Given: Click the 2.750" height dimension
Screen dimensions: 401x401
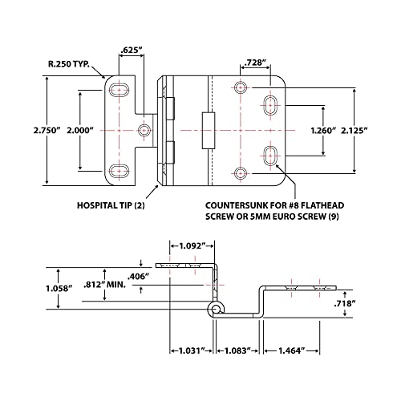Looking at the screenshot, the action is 47,131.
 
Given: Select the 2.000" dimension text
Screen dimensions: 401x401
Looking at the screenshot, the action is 80,131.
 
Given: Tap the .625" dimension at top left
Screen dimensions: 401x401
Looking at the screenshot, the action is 132,50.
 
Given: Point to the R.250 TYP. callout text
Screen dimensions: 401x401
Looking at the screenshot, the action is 69,64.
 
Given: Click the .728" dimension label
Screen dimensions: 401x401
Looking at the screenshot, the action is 256,63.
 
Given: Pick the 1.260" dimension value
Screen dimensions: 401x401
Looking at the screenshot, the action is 323,131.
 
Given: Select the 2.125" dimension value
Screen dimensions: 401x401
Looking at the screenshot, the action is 354,131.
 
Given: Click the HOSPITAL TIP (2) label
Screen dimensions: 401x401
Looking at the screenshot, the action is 111,205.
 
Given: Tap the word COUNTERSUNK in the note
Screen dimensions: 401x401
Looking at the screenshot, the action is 237,205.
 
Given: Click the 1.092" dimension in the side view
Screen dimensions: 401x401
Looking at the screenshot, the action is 192,245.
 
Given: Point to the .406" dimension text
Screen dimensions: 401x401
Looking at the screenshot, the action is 138,277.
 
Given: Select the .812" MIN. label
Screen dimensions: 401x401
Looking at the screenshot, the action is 105,285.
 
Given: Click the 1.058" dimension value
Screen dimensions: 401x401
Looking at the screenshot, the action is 59,289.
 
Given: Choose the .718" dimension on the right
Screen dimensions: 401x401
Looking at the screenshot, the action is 345,303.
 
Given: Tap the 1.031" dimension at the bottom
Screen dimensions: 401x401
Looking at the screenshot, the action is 192,350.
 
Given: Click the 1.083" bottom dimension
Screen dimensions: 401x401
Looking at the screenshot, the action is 237,350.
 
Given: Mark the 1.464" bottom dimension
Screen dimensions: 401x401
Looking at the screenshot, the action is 292,350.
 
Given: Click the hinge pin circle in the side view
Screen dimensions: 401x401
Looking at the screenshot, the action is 216,310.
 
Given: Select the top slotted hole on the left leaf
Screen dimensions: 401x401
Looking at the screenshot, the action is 119,90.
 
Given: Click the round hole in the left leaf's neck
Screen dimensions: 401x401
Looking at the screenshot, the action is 144,130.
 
